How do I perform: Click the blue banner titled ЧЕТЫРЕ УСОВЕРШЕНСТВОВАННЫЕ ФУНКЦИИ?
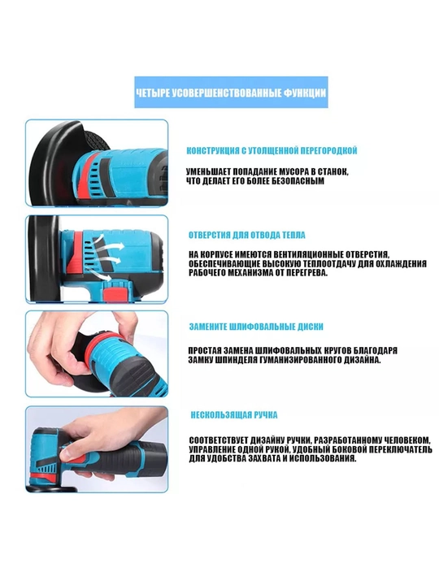pos(231,92)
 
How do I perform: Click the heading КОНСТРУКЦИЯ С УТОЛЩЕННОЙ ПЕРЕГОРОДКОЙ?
pos(272,150)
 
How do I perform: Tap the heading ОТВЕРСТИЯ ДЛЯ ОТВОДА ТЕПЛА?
pos(247,235)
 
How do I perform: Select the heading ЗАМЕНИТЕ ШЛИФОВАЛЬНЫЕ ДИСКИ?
pos(256,327)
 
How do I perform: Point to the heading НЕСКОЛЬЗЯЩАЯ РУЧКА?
pos(234,415)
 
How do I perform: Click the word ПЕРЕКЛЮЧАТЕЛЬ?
pos(402,449)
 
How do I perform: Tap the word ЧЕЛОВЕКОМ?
pos(404,440)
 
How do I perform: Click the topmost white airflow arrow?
pos(110,242)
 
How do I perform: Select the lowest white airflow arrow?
pos(101,276)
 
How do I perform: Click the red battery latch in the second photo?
pos(115,292)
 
